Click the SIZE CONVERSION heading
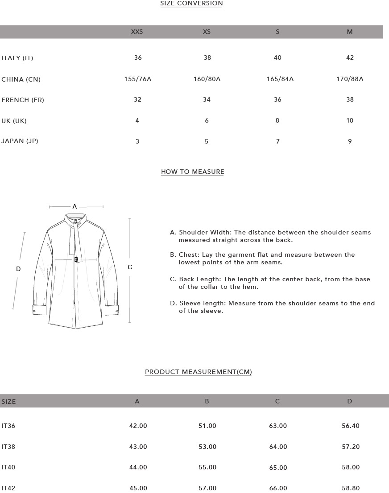(x=191, y=4)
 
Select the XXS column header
(x=137, y=32)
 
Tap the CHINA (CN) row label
(x=21, y=79)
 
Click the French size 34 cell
(x=207, y=99)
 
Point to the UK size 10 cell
(x=350, y=120)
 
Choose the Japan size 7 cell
(x=277, y=141)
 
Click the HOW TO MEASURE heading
(x=192, y=172)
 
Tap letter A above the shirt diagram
(x=74, y=206)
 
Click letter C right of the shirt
(x=130, y=267)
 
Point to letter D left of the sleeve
(x=18, y=269)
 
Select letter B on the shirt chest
(x=76, y=259)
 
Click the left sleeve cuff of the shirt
(x=39, y=309)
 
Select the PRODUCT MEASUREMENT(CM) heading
(x=199, y=372)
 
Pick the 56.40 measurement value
(x=350, y=426)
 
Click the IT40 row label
(x=8, y=467)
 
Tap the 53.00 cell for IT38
(x=207, y=447)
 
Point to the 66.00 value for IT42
(x=278, y=488)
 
